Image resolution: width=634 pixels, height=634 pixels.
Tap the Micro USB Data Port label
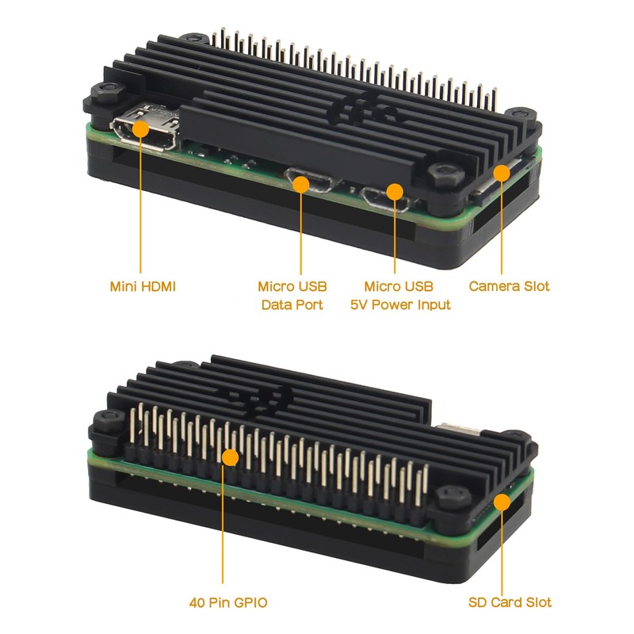(x=292, y=295)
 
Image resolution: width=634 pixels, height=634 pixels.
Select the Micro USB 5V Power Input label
(x=400, y=295)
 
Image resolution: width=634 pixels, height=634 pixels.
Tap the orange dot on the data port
(x=301, y=184)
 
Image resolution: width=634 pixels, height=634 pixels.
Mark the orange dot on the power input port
(x=394, y=191)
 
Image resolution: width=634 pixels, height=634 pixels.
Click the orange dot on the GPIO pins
(x=229, y=457)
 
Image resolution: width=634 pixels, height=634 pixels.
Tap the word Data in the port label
(x=277, y=304)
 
